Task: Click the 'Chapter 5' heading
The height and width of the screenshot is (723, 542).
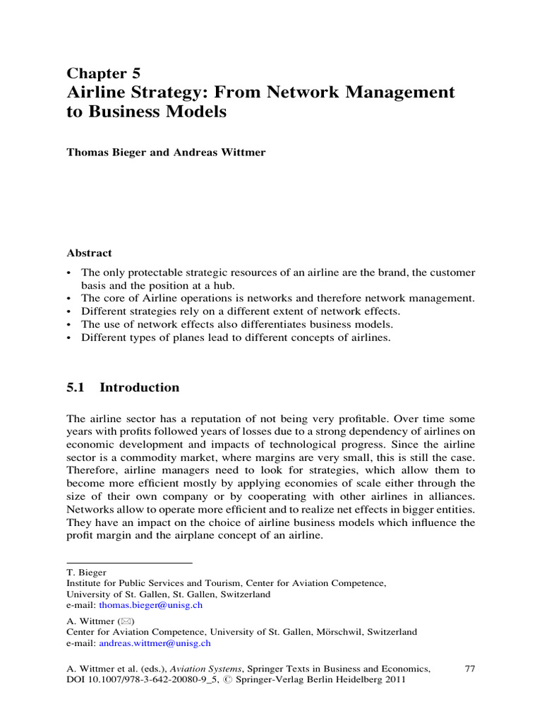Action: tap(103, 73)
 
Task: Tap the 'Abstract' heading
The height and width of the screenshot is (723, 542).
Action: tap(89, 253)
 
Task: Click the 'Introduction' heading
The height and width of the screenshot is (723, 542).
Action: tap(140, 388)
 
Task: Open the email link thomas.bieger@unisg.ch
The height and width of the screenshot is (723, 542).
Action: tap(151, 605)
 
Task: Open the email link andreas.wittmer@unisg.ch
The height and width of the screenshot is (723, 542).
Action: tap(155, 643)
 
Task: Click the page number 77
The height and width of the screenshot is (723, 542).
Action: tap(469, 667)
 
